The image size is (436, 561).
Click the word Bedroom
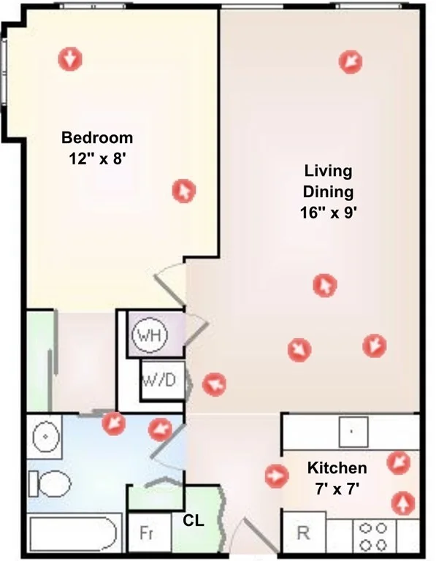pos(97,138)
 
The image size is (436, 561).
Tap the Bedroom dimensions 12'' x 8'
pos(98,159)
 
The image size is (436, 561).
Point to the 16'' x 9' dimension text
pos(329,213)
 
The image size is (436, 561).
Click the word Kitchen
pos(337,468)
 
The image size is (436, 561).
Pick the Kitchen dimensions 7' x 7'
pos(337,489)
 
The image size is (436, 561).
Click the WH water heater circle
pos(150,335)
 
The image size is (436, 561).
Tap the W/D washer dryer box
pos(163,380)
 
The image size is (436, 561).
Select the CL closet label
pos(194,521)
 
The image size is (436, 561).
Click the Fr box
pos(150,533)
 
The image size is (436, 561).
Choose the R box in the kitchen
pos(305,533)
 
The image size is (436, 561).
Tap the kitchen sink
pos(353,432)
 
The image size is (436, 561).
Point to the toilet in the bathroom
pos(50,484)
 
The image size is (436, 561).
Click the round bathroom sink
pos(45,436)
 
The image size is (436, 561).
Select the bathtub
pos(74,534)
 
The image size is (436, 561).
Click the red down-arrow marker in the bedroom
pos(70,58)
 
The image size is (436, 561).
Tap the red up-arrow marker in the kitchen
pos(403,503)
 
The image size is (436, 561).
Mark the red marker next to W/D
pos(214,385)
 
